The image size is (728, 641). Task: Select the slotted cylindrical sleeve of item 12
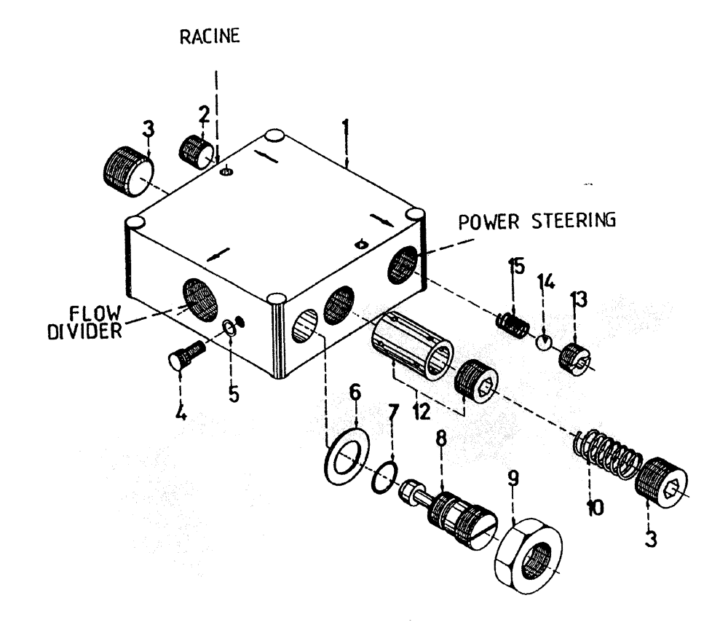411,345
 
